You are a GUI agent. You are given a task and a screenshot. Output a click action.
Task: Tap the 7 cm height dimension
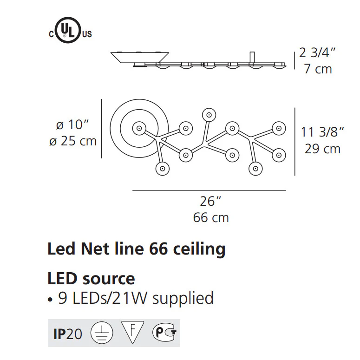(318, 69)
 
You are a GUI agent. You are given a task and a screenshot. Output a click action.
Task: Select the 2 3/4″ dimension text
(317, 52)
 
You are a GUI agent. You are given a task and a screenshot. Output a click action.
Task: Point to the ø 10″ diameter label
(72, 124)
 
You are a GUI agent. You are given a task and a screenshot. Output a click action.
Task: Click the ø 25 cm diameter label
(73, 141)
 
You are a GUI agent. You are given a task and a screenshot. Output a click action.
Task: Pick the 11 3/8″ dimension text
(322, 132)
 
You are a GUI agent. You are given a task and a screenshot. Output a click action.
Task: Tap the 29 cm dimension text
(322, 149)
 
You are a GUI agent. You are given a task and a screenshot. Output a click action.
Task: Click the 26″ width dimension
(210, 201)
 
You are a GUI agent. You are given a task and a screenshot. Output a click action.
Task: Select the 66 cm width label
(211, 217)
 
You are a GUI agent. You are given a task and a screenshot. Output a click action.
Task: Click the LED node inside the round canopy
(139, 128)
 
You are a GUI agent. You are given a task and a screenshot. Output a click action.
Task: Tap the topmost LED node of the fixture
(209, 115)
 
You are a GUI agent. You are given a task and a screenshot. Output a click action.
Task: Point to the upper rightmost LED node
(279, 128)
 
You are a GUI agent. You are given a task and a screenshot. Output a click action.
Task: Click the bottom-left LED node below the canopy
(163, 169)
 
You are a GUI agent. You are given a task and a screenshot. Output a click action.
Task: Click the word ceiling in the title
(199, 249)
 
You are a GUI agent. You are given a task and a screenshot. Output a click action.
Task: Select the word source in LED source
(109, 279)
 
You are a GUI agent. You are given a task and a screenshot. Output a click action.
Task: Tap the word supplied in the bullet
(183, 299)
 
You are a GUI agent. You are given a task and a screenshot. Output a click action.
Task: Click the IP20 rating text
(68, 334)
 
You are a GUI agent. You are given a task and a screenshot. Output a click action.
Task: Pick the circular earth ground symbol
(102, 333)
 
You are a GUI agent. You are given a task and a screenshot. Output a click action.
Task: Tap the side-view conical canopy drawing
(140, 58)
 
